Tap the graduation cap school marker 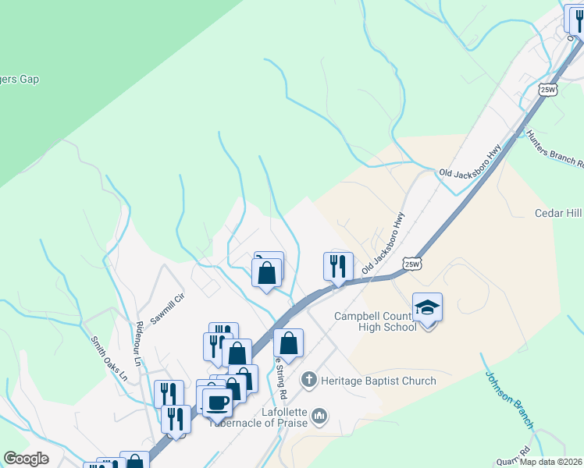coord(427,308)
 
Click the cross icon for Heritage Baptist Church coord(309,380)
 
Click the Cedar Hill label coord(558,213)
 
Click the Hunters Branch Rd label coord(554,149)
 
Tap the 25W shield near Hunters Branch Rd coord(548,90)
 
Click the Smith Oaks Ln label coord(109,357)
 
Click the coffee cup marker coord(216,402)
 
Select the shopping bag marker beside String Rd coord(288,342)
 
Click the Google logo coord(26,459)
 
